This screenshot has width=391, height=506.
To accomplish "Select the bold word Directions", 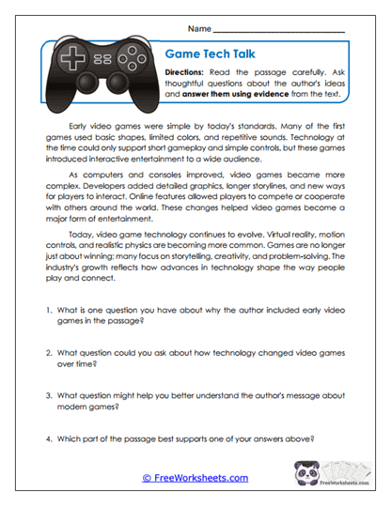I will click(x=188, y=72).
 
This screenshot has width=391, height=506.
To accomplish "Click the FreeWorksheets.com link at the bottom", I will click(x=195, y=478).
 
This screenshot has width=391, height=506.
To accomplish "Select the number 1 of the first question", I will click(x=47, y=309).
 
